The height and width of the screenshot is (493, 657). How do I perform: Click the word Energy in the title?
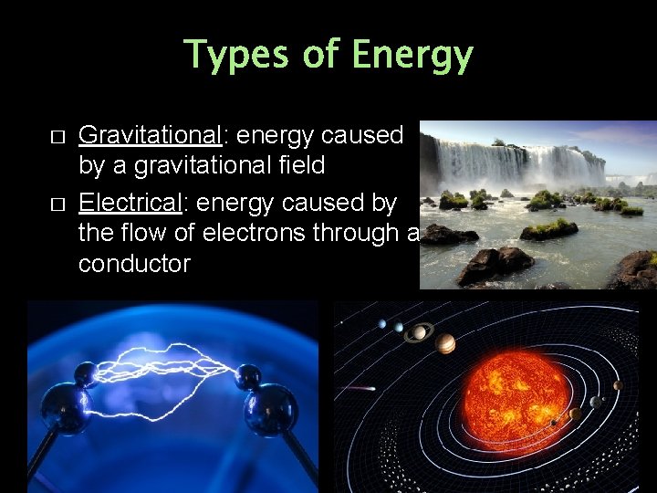coord(412,56)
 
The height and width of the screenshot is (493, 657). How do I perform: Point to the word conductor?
coord(134,264)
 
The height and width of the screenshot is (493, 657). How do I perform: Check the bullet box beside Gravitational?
coord(58,136)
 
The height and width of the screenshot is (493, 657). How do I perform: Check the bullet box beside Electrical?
coord(58,201)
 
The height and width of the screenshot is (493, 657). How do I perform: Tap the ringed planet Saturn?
coord(418,332)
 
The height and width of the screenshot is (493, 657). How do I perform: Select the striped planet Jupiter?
coord(445,343)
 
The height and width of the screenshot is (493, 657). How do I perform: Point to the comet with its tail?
coord(360,387)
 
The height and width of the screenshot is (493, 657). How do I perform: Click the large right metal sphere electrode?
coord(270,409)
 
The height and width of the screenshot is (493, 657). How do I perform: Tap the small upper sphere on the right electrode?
coord(246,375)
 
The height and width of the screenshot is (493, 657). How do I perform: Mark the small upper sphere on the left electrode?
coord(87,372)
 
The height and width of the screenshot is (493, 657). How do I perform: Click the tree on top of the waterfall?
coord(497,142)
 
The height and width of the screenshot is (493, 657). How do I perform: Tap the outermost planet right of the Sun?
coord(618,385)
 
